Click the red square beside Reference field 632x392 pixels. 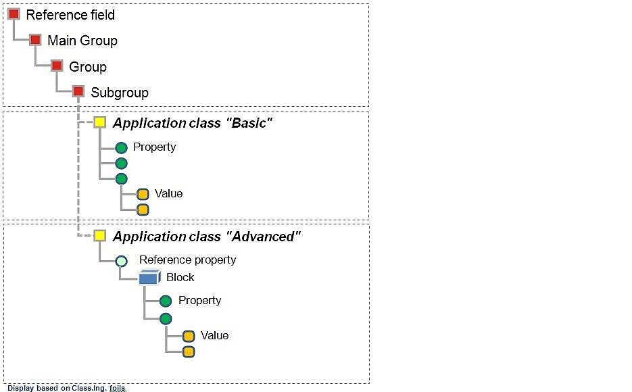point(14,14)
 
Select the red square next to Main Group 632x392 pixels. point(35,40)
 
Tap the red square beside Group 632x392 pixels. point(57,66)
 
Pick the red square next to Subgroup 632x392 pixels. point(78,91)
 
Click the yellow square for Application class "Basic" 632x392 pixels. point(99,122)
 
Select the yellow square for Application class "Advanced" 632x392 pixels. point(99,236)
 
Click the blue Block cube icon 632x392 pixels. point(149,277)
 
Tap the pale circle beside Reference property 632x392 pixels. point(121,260)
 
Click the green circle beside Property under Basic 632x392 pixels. point(121,147)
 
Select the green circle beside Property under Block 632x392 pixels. point(166,301)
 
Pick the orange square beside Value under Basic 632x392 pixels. point(143,194)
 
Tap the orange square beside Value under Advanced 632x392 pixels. point(189,336)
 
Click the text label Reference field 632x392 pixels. point(70,15)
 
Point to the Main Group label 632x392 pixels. point(82,41)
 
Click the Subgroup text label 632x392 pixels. point(119,93)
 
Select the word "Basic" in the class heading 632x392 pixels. point(248,123)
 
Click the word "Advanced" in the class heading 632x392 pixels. point(263,237)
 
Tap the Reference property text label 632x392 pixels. point(187,260)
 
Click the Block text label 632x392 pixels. point(180,277)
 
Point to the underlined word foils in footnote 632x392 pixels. point(117,388)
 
